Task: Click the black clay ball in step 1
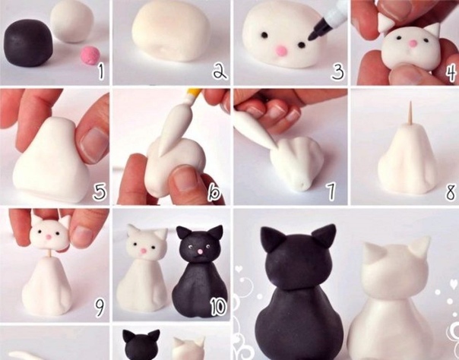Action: coord(28,43)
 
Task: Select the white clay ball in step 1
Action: coord(72,21)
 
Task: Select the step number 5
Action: coord(100,192)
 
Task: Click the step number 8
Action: coord(451,192)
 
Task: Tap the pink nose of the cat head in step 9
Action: coord(49,237)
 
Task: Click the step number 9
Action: coord(100,308)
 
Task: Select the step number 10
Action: coord(218,307)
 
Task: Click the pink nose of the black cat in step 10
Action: coord(200,251)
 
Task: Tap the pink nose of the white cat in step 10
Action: coord(144,251)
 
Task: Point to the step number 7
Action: coord(331,192)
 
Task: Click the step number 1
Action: coord(101,72)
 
